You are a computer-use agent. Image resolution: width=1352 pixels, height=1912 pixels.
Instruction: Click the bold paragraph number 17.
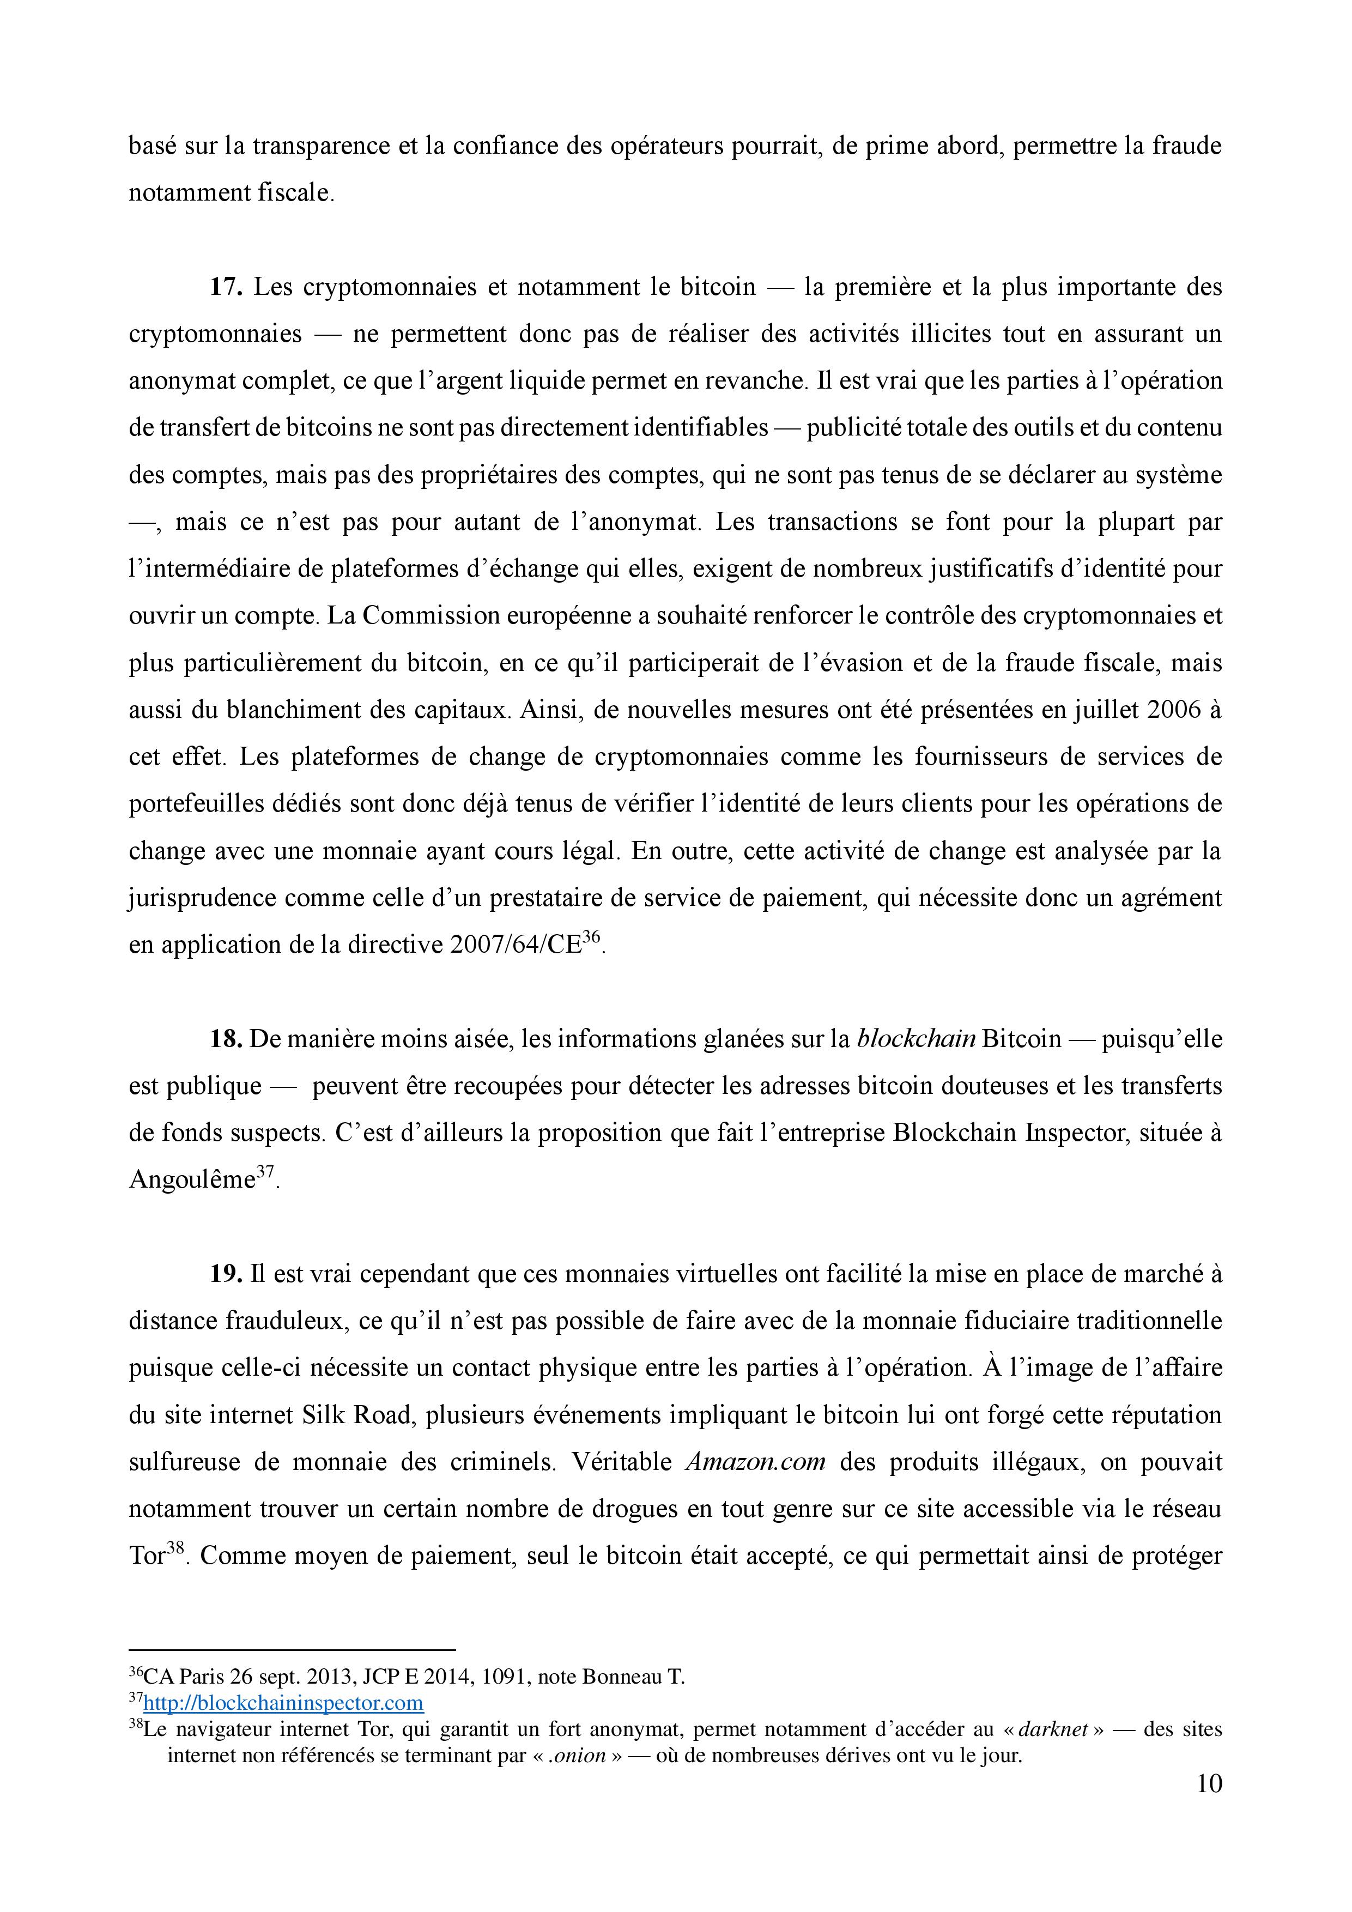pos(225,287)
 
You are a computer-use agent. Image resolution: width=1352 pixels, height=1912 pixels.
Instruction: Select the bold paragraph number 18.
pos(225,1039)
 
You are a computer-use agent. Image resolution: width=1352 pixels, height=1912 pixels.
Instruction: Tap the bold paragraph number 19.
pos(225,1275)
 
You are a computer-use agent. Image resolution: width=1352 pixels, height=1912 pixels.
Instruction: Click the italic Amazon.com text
pos(755,1463)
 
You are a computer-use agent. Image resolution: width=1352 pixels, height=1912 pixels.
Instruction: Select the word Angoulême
pos(191,1181)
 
